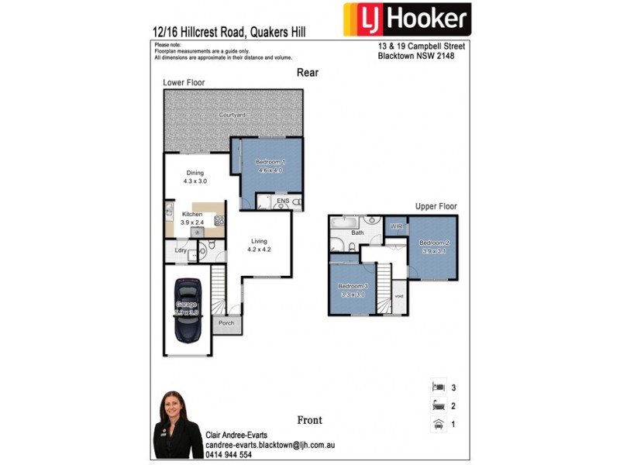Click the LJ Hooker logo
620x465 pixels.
point(407,19)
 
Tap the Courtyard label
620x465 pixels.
point(232,115)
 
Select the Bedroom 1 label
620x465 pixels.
point(270,161)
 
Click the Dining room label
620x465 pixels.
point(195,173)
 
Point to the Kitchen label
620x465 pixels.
point(191,214)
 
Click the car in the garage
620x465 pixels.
point(188,309)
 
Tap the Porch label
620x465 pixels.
point(226,323)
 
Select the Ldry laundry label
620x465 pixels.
point(180,250)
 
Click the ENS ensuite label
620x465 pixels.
point(283,201)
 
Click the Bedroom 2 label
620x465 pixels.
point(436,243)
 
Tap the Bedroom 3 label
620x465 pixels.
point(352,287)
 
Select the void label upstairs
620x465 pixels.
point(399,296)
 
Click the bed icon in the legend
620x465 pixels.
point(438,386)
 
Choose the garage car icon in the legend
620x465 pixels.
point(438,424)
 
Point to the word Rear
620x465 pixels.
point(308,72)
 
